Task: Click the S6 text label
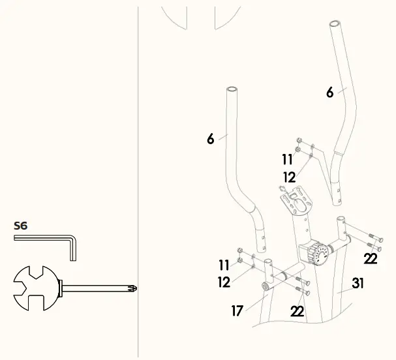click(21, 226)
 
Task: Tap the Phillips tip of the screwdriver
click(133, 288)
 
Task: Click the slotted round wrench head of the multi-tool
click(37, 288)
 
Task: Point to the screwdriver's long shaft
click(98, 288)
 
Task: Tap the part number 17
click(237, 312)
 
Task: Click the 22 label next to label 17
click(297, 312)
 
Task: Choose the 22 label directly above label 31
click(371, 259)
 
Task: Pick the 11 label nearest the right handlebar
click(288, 160)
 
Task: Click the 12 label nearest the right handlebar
click(290, 177)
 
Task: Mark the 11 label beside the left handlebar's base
click(224, 265)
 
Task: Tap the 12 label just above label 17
click(224, 282)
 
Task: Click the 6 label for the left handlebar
click(210, 139)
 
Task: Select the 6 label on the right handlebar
click(330, 93)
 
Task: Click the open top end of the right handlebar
click(335, 23)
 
